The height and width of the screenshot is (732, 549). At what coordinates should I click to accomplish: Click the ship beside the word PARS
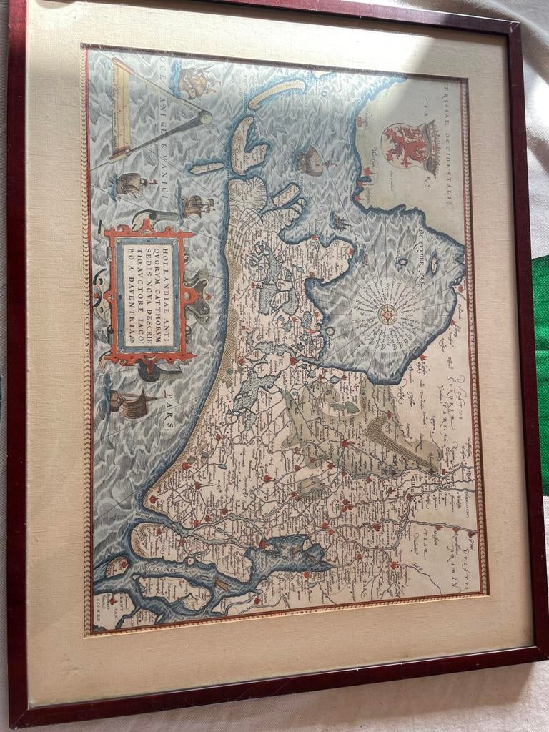131,404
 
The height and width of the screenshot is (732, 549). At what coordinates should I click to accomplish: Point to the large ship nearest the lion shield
311,160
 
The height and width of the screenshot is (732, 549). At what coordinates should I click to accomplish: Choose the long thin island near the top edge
277,92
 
